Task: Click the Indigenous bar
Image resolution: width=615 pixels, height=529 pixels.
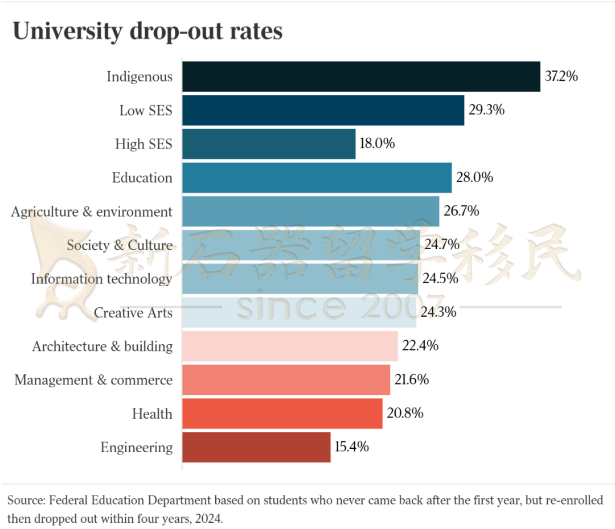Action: pos(361,76)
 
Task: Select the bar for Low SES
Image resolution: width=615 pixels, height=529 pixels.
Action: pos(323,110)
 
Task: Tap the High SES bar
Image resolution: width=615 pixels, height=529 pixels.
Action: pos(269,144)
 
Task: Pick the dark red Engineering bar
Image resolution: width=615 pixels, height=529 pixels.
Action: pos(256,447)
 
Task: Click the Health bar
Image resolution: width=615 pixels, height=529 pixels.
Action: pos(282,414)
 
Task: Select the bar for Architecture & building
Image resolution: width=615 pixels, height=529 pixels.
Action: pos(290,346)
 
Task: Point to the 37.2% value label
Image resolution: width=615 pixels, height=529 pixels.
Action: pos(561,76)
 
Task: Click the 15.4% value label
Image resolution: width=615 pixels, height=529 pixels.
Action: pos(351,447)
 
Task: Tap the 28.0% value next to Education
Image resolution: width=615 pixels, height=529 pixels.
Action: pos(474,177)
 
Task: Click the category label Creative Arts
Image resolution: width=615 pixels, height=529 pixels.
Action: pos(133,312)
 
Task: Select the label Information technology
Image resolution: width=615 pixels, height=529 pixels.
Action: pos(101,279)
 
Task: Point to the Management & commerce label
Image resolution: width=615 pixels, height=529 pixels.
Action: pos(93,380)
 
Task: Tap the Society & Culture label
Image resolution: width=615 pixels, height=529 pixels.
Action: pos(119,245)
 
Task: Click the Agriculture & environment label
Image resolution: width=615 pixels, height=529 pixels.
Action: pos(92,212)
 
